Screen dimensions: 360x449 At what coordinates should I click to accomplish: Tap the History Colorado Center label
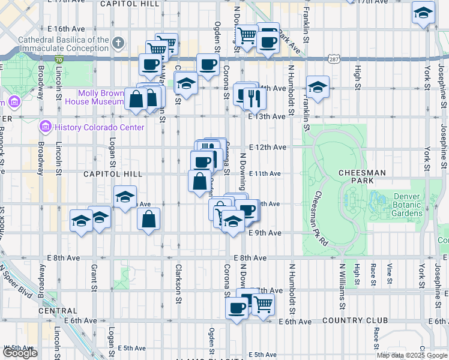[x=99, y=127]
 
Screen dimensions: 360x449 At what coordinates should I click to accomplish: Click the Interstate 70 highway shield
[x=58, y=60]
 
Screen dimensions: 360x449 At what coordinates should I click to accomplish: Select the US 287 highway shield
[x=335, y=60]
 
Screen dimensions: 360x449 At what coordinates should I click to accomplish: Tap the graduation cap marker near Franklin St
[x=318, y=86]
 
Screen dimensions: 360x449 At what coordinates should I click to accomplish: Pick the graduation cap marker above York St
[x=423, y=12]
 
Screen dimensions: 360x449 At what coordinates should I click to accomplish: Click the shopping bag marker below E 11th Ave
[x=199, y=180]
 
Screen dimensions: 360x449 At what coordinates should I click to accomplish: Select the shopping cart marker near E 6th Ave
[x=263, y=304]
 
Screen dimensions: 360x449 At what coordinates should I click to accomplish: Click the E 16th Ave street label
[x=67, y=29]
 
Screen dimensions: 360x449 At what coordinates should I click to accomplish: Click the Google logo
[x=20, y=353]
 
